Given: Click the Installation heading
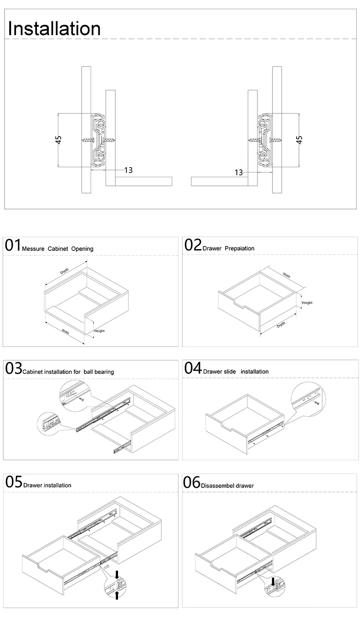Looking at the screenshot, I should tap(54, 28).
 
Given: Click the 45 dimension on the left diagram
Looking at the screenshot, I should tap(59, 139).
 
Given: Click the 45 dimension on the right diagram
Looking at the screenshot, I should tap(299, 139).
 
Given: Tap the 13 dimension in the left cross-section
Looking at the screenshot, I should tap(128, 170).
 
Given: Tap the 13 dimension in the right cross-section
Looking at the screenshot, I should tap(238, 172).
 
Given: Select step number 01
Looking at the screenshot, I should tap(13, 245).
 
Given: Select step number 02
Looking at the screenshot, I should tap(193, 245).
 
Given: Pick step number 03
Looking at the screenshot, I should tap(13, 368).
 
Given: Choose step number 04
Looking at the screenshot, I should tap(193, 368).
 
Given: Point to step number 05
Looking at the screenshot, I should tap(13, 482).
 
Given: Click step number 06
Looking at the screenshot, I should tap(192, 482).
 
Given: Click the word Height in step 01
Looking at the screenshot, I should tap(99, 331).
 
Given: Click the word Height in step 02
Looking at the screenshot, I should tap(307, 303).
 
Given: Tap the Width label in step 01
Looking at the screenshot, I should tap(65, 332).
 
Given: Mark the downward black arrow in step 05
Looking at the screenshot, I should tap(117, 574).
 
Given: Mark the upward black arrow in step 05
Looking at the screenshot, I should tap(117, 595).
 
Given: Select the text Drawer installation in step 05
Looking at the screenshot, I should tap(47, 485).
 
